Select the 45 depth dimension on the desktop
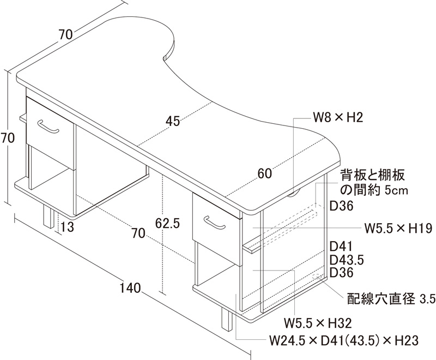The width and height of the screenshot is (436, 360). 173,121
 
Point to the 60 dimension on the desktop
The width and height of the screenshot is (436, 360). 264,174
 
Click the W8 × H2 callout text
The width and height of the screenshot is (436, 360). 338,117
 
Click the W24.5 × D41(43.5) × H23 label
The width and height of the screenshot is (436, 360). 344,341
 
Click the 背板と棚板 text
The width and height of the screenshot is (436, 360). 373,176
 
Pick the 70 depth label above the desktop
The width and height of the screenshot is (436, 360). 65,34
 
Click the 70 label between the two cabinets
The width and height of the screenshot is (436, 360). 138,234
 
